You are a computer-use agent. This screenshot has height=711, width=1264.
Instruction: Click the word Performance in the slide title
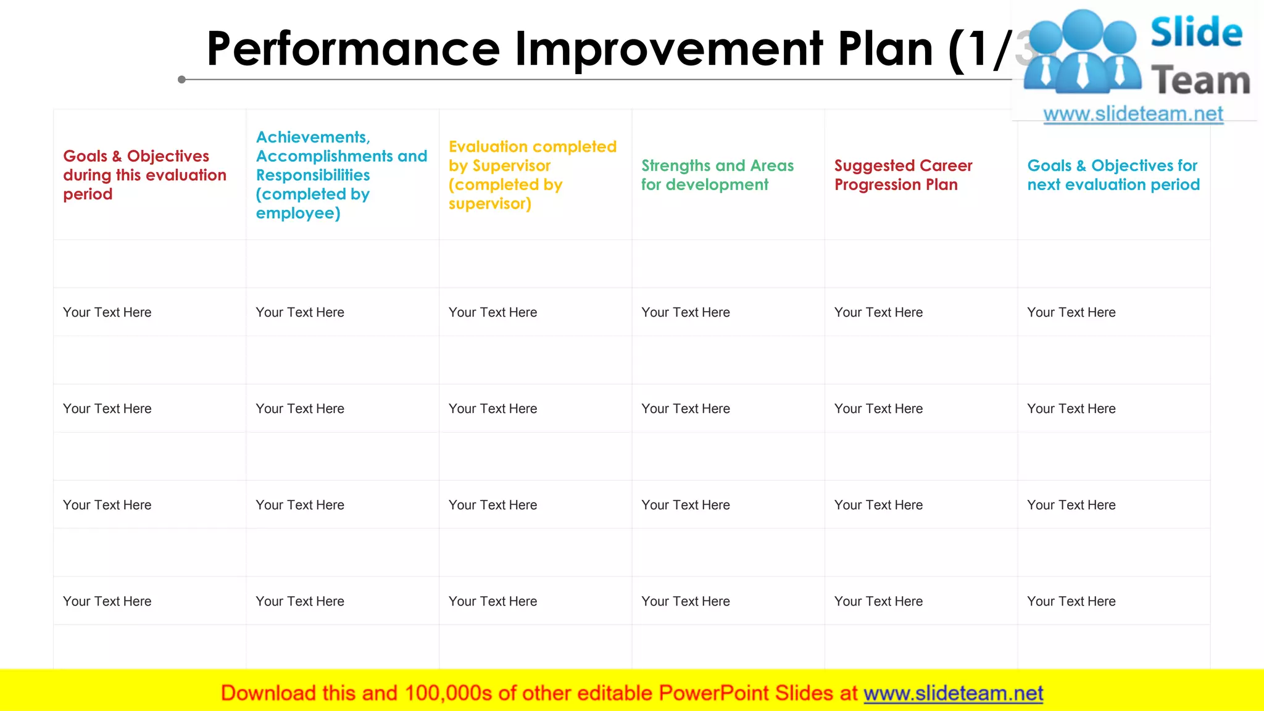click(353, 49)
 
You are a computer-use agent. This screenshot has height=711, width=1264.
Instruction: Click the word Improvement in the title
click(669, 49)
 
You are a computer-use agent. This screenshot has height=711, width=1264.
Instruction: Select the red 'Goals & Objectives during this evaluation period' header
click(144, 175)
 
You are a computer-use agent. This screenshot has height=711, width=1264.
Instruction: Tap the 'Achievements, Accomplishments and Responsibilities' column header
click(341, 175)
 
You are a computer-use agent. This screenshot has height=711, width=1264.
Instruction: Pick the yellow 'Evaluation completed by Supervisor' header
click(532, 175)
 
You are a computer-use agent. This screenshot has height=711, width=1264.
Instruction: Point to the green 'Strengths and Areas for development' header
click(717, 175)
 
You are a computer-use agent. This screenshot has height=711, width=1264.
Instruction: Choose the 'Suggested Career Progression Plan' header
click(903, 175)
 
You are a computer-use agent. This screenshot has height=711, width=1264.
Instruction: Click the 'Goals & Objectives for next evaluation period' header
click(1113, 175)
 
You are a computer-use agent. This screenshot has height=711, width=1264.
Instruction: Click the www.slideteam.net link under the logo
click(1133, 114)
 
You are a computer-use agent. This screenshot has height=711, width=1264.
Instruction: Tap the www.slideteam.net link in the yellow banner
click(953, 693)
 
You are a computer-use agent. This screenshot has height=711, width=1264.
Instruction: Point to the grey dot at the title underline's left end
click(181, 80)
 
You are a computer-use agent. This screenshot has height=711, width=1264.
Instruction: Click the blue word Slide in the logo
click(1196, 32)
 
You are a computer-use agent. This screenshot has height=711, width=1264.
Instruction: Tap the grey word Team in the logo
click(1200, 81)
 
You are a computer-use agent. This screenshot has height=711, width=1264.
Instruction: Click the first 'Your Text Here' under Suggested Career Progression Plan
click(878, 312)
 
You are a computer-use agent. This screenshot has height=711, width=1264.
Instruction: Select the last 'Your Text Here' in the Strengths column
click(685, 601)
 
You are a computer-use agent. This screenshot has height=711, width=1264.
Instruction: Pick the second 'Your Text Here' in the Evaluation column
click(493, 409)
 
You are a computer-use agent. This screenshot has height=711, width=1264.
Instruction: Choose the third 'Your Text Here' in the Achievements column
click(300, 505)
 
